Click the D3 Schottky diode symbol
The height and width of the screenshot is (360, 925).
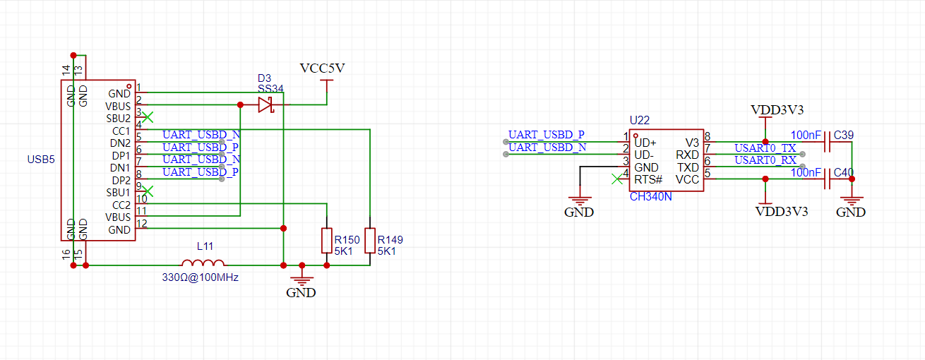click(x=266, y=105)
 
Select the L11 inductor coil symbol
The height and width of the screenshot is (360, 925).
click(x=203, y=263)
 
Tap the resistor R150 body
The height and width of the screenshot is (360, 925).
click(x=327, y=240)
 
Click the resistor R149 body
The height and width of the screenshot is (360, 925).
click(x=370, y=240)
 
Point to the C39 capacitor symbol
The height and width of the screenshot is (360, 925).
click(x=827, y=142)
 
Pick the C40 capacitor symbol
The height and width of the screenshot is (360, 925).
click(x=827, y=179)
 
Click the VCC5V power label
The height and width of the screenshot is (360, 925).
click(x=322, y=68)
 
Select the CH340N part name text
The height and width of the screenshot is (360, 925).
click(x=650, y=196)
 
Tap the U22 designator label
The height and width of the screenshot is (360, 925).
click(x=639, y=120)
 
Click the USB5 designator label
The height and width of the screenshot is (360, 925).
click(x=41, y=160)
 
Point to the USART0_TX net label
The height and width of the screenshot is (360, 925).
click(x=765, y=148)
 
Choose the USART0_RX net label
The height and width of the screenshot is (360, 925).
click(x=765, y=160)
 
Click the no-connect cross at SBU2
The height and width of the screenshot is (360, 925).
click(x=148, y=117)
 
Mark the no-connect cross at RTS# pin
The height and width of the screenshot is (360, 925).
click(x=617, y=179)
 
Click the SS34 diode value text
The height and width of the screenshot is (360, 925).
click(x=270, y=89)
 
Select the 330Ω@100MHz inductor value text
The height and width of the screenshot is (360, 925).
click(x=201, y=277)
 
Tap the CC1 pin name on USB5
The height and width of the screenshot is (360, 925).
click(x=121, y=131)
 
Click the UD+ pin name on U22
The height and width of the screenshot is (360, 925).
click(x=645, y=143)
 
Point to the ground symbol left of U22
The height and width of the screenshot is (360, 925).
click(x=580, y=201)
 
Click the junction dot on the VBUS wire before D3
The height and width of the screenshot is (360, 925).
click(x=240, y=105)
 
